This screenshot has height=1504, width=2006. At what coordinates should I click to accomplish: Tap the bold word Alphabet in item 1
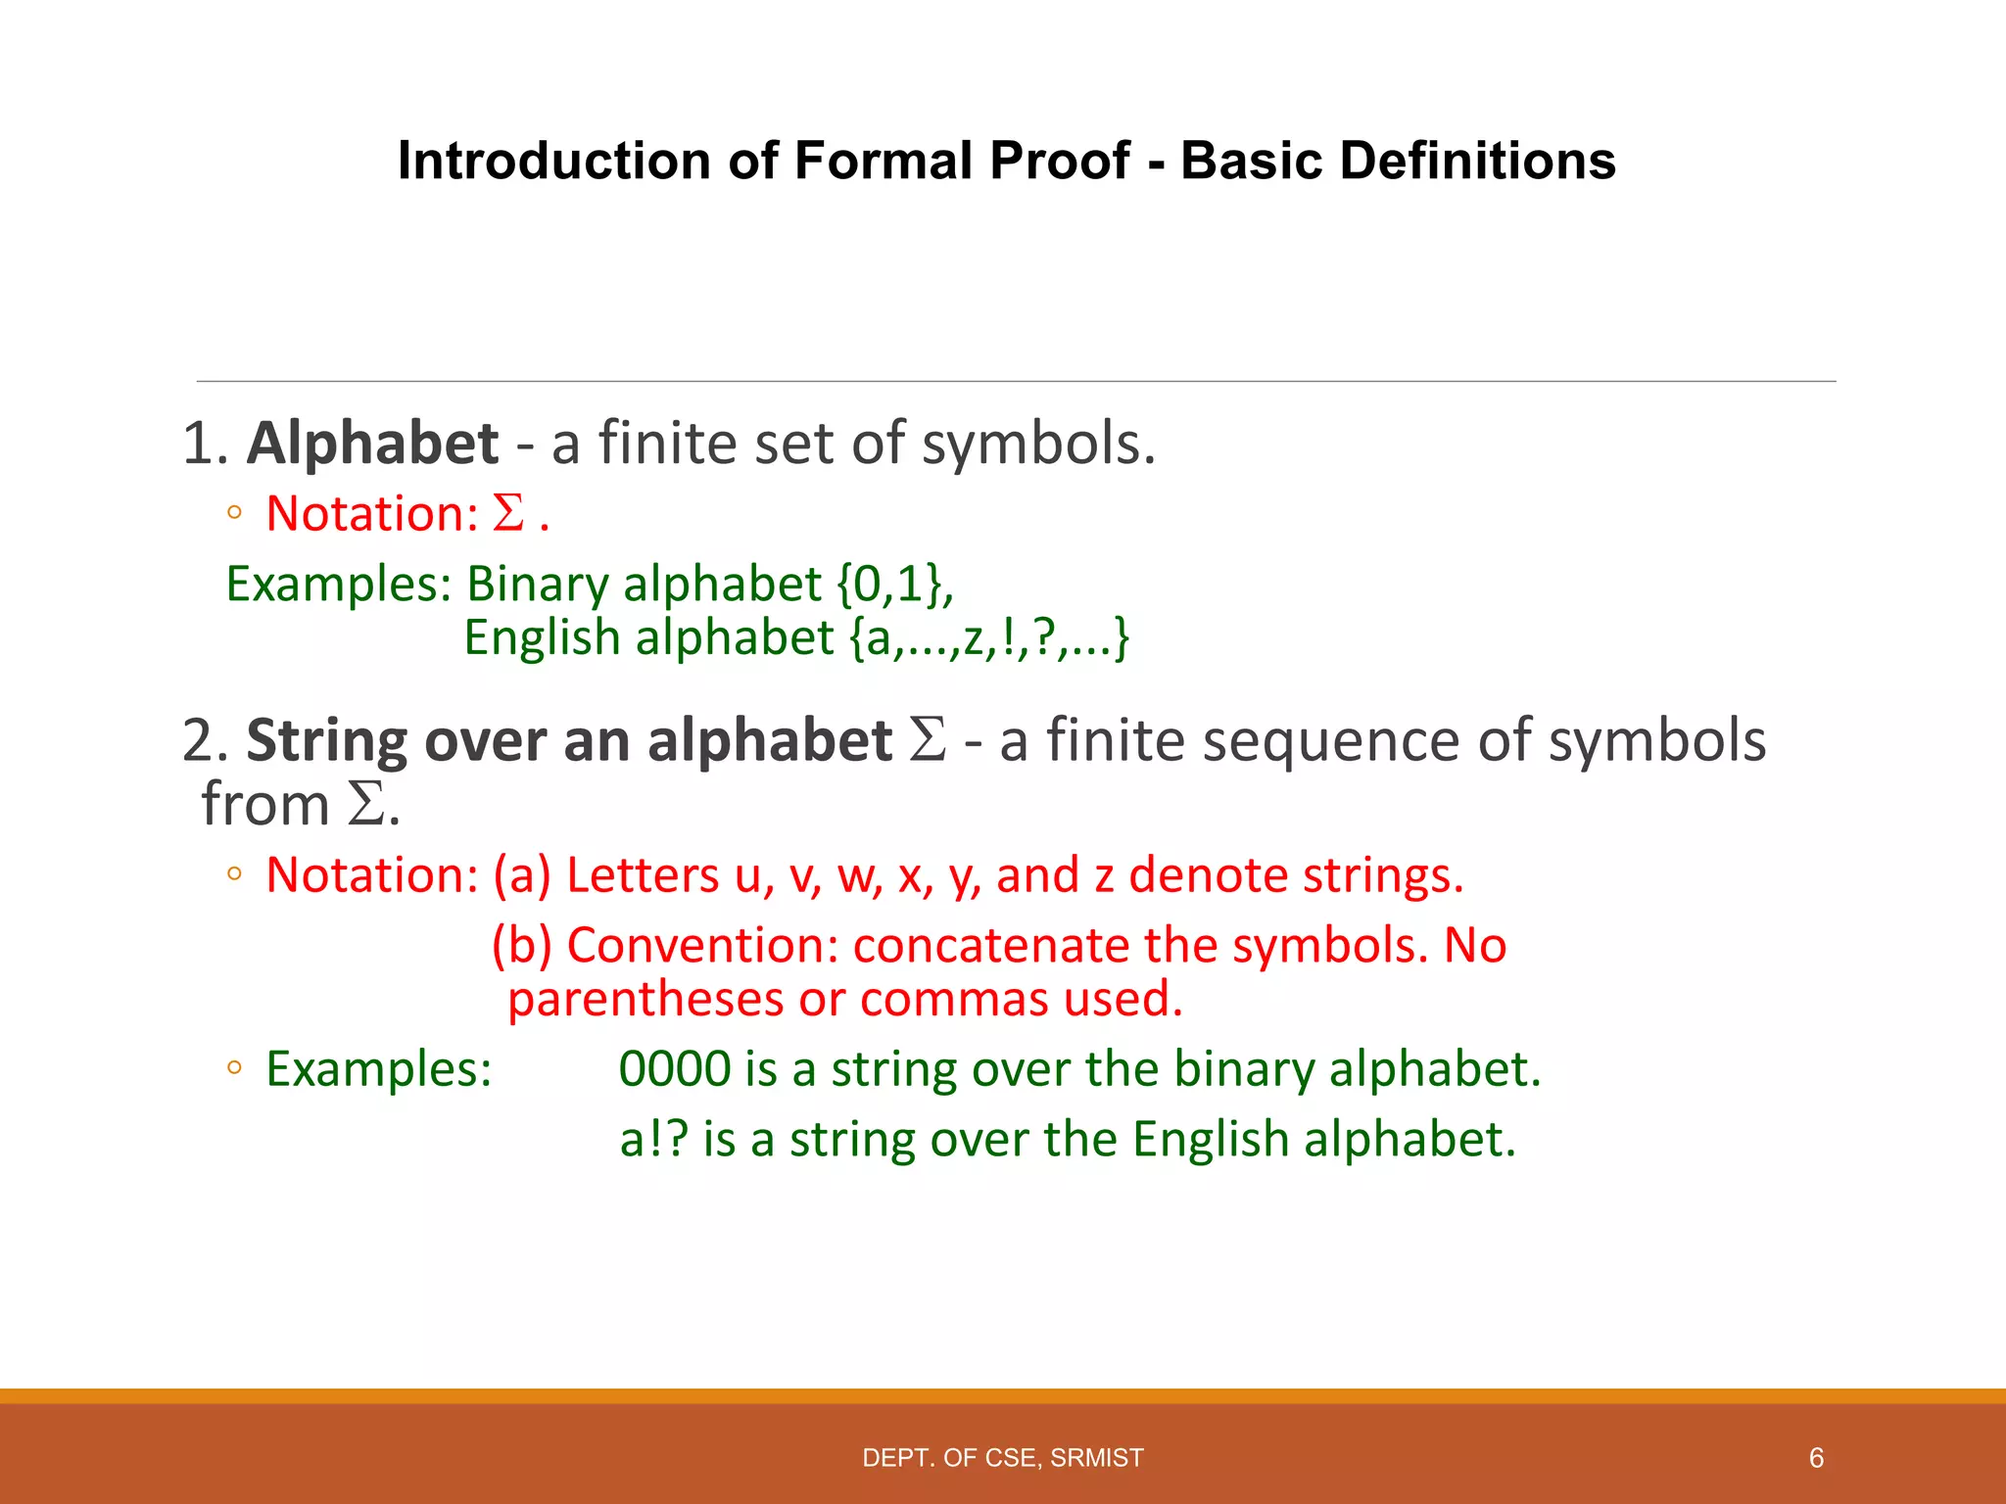click(x=372, y=444)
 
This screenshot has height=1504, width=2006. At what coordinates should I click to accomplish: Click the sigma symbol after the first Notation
click(x=508, y=513)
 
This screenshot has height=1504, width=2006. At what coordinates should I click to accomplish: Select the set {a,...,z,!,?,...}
click(x=989, y=638)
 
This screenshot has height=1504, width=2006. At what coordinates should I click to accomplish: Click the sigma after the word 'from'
click(x=366, y=805)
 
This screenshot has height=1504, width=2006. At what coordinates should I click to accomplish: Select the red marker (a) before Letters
click(x=522, y=875)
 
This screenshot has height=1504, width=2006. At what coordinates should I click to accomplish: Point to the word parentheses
click(x=645, y=1000)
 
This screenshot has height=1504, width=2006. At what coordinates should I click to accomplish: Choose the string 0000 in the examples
click(x=675, y=1068)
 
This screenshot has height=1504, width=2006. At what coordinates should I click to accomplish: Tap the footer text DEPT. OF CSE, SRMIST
click(x=1002, y=1458)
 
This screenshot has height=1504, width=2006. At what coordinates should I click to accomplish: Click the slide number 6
click(x=1816, y=1458)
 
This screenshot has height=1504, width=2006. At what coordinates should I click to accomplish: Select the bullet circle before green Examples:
click(x=233, y=1068)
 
